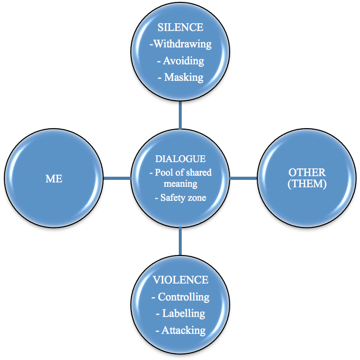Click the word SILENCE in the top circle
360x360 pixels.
180,28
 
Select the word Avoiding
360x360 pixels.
184,60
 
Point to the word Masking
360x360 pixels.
184,77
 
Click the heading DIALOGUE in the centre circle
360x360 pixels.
180,159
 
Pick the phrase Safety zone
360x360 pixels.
183,198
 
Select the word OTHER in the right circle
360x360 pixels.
307,173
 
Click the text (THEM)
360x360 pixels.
307,184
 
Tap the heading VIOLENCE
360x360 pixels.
180,280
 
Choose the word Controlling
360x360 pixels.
183,297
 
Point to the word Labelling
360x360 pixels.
183,314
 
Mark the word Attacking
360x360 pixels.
183,330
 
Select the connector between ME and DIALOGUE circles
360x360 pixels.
117,179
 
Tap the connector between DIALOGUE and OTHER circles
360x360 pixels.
243,179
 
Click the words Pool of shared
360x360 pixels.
183,173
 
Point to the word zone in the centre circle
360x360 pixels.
198,198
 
